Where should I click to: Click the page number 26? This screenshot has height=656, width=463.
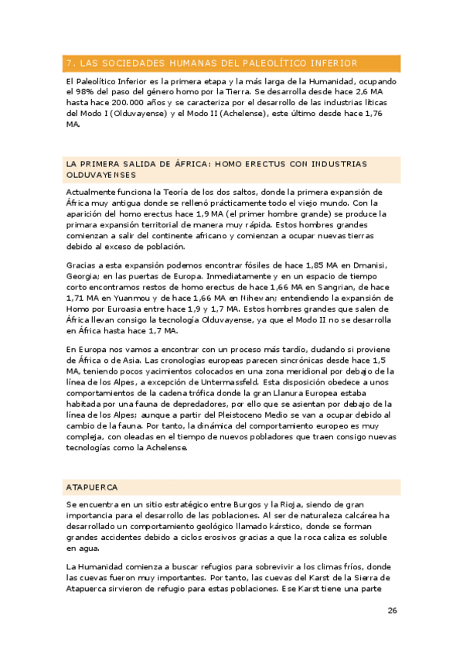click(393, 611)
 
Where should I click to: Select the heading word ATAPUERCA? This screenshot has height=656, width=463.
click(92, 487)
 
